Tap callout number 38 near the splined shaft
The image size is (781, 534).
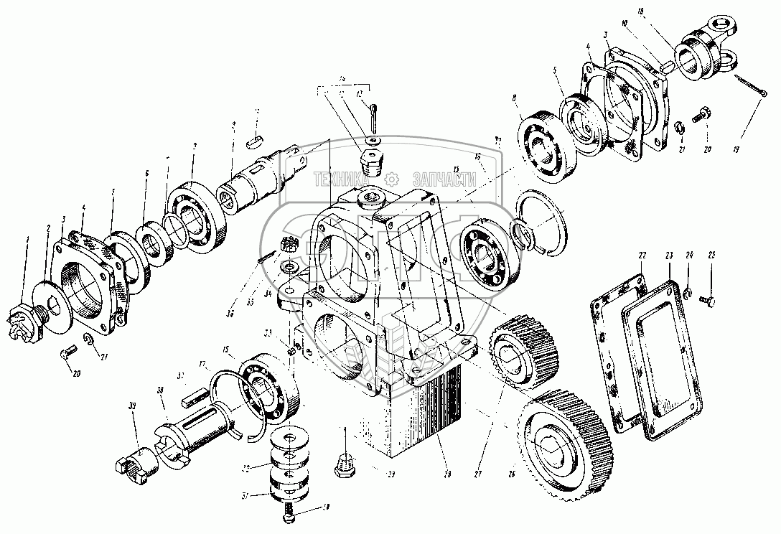click(x=160, y=391)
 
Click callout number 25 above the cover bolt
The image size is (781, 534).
click(x=711, y=255)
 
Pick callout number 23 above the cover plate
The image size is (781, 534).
click(x=669, y=255)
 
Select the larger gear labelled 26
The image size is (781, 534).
click(x=567, y=438)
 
